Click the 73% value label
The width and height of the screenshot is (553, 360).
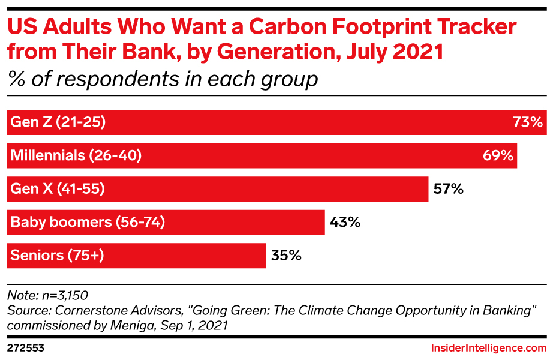pyautogui.click(x=528, y=122)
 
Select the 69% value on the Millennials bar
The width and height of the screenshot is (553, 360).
pyautogui.click(x=498, y=156)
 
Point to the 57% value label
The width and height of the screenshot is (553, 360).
pyautogui.click(x=448, y=189)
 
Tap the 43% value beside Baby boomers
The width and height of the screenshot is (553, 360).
pyautogui.click(x=345, y=223)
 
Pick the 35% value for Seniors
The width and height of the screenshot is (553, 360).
pyautogui.click(x=285, y=256)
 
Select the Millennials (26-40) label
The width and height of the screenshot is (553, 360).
pyautogui.click(x=76, y=156)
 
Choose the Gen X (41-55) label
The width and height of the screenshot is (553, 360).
pyautogui.click(x=58, y=189)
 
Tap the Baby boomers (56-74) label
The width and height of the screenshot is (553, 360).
pyautogui.click(x=88, y=223)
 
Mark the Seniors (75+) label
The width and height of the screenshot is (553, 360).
pyautogui.click(x=58, y=256)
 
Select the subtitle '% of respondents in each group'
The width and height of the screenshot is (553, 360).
pyautogui.click(x=162, y=79)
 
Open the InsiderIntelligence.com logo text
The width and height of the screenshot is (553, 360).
pyautogui.click(x=489, y=348)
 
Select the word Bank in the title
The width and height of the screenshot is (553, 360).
pyautogui.click(x=139, y=52)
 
